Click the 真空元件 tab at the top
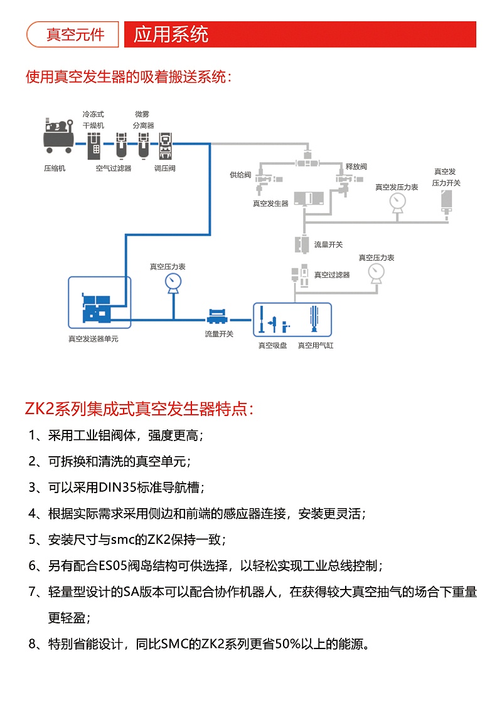click(x=72, y=34)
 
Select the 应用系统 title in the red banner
click(x=171, y=34)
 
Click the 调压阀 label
click(x=165, y=169)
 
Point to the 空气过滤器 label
click(x=114, y=169)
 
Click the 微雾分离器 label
click(x=142, y=120)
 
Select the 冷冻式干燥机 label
click(x=93, y=120)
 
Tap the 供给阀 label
click(x=240, y=175)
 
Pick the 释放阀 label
click(x=356, y=167)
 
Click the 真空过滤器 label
click(x=332, y=274)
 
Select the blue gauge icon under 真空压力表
click(x=173, y=283)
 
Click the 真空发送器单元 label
click(x=93, y=338)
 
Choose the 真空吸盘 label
click(x=272, y=345)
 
